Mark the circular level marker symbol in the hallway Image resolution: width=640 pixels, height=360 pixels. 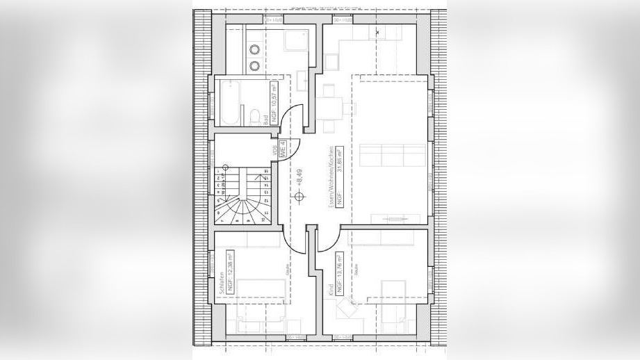[x=300, y=197]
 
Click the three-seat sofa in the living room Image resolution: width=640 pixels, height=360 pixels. [x=393, y=156]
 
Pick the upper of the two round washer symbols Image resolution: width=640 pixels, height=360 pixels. [x=255, y=49]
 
